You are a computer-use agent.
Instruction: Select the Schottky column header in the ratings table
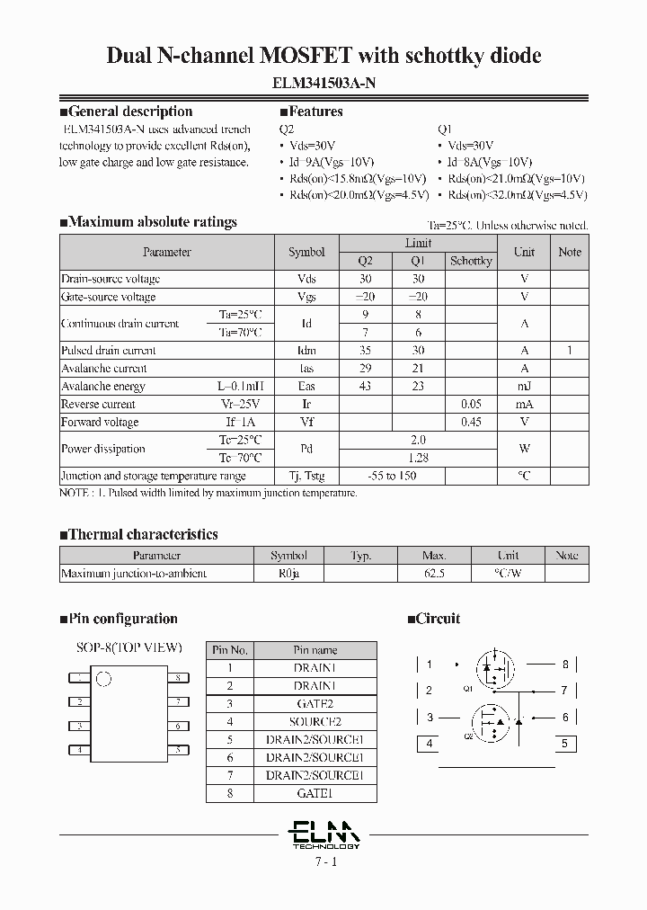click(471, 261)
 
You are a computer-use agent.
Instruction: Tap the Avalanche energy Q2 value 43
click(365, 386)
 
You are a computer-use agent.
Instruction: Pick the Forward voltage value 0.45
click(471, 422)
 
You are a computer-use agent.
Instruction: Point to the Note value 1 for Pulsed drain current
click(569, 351)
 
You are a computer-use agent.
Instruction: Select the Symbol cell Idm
click(306, 351)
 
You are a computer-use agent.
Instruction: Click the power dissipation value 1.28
click(418, 458)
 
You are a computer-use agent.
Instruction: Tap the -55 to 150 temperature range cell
click(392, 476)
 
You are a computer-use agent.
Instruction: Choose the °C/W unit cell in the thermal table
click(508, 573)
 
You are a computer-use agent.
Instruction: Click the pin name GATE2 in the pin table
click(314, 703)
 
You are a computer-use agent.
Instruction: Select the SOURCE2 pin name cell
click(314, 721)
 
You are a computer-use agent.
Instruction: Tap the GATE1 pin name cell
click(314, 793)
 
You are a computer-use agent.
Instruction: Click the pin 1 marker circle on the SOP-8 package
click(103, 679)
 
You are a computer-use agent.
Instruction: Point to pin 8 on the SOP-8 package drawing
click(179, 677)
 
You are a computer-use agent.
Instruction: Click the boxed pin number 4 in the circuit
click(430, 744)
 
